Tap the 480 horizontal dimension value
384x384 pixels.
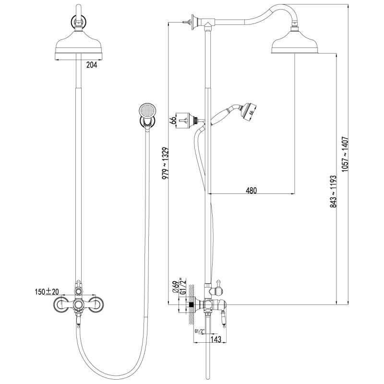252,190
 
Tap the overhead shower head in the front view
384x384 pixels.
77,46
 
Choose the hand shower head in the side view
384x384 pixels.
249,109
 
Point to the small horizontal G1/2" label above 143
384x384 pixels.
198,331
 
